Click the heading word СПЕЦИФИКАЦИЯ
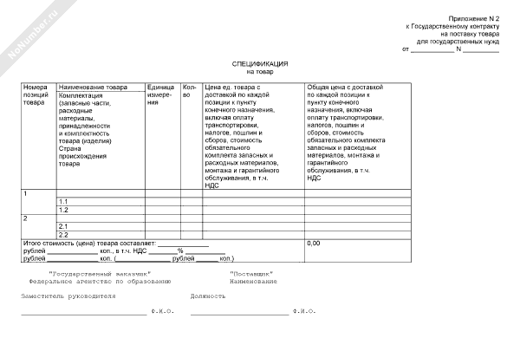(x=259, y=64)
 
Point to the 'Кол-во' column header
(x=191, y=91)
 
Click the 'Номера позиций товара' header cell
(x=37, y=95)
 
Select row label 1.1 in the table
(x=63, y=201)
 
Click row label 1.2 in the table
(x=63, y=210)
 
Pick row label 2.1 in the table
(x=63, y=226)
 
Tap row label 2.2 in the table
(x=63, y=235)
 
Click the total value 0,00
(x=314, y=244)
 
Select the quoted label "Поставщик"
(x=252, y=273)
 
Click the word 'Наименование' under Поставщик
(x=253, y=282)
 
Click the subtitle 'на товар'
(x=259, y=72)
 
